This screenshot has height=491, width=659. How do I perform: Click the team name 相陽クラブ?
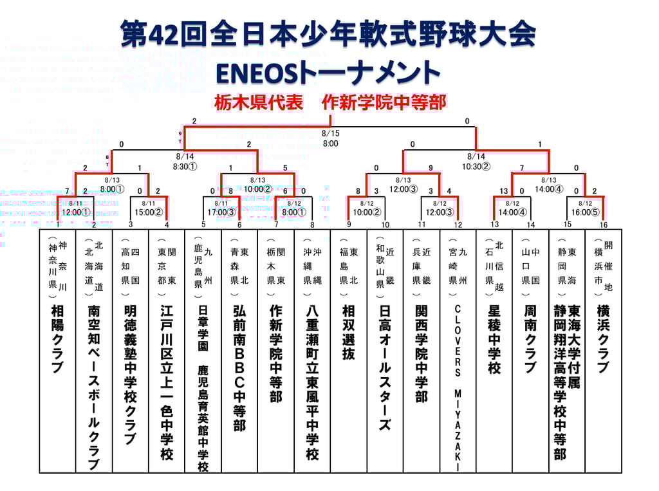57,339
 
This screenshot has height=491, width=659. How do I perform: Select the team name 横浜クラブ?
603,339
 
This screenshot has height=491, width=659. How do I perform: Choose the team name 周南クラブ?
530,339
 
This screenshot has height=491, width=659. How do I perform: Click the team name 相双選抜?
348,332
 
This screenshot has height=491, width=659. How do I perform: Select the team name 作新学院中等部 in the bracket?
275,353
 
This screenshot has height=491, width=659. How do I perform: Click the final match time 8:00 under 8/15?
330,144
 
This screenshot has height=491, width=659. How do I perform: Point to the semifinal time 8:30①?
185,166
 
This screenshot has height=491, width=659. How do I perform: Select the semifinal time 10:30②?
476,166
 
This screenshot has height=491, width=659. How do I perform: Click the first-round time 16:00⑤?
586,212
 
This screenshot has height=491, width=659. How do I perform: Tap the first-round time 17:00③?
221,212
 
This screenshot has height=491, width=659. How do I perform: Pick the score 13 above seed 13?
504,191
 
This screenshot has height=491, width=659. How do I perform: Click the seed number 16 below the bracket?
603,225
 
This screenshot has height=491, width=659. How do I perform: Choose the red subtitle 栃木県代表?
259,103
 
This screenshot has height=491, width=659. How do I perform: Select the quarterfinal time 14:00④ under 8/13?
549,189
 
